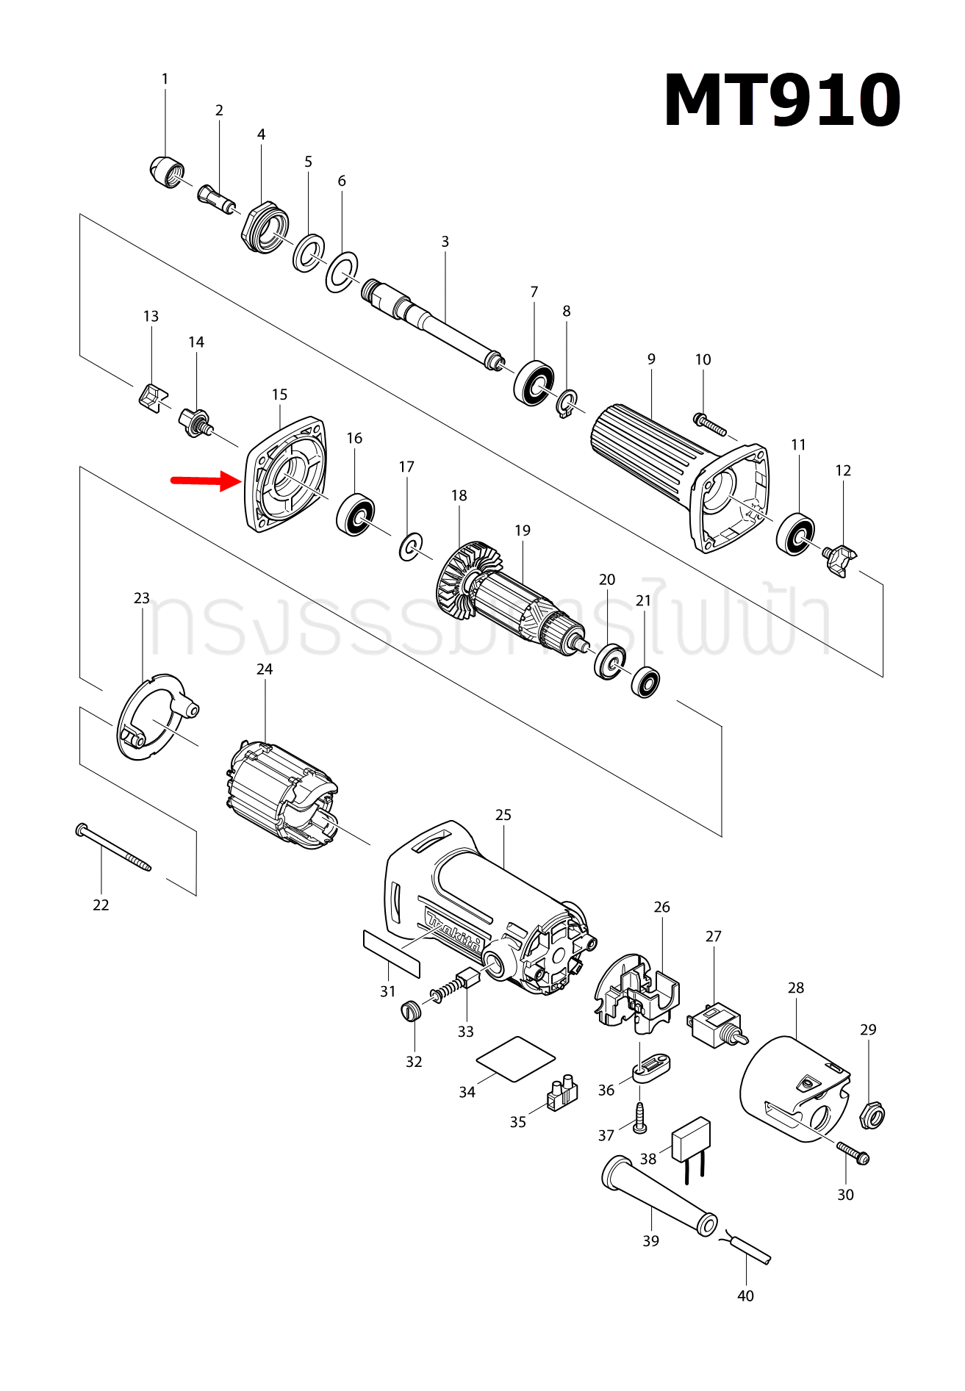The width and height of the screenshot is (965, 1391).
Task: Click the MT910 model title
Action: pos(781,101)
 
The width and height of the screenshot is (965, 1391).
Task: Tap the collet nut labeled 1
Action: pos(166,172)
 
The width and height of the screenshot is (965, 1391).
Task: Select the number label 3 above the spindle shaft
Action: pos(445,242)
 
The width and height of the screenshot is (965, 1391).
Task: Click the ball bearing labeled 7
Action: pos(534,382)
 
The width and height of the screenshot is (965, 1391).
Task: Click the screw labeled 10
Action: pos(709,424)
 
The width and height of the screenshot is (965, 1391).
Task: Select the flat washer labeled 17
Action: pos(411,547)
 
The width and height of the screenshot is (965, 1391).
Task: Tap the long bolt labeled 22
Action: pos(113,847)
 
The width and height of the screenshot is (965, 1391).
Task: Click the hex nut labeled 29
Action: pos(872,1115)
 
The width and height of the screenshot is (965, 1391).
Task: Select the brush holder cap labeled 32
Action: pos(412,1010)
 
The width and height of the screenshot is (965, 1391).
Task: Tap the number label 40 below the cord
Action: pos(745,1295)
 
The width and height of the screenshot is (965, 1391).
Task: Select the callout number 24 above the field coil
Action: pos(265,669)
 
